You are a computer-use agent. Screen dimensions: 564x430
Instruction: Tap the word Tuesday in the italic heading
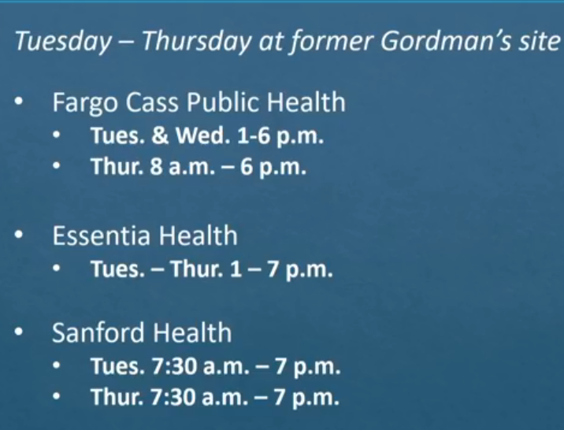click(64, 41)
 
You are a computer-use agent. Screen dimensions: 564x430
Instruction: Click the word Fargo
click(85, 103)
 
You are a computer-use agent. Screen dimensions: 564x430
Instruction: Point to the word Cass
click(152, 102)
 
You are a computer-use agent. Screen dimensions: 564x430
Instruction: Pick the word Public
click(222, 102)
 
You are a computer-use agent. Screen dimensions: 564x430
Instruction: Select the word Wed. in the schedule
click(202, 135)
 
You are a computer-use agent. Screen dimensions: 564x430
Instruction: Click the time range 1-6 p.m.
click(280, 136)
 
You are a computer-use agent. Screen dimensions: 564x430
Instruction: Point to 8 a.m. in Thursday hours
click(183, 167)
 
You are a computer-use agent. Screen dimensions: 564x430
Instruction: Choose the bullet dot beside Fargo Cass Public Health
click(19, 102)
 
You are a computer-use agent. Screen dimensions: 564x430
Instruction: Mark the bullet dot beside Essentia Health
click(19, 235)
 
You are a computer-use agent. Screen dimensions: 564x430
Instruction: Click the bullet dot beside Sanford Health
click(19, 332)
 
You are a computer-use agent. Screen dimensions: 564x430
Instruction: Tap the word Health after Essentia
click(199, 235)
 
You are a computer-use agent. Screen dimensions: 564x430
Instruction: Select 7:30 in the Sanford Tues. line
click(174, 366)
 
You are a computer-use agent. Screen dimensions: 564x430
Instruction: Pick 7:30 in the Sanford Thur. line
click(173, 397)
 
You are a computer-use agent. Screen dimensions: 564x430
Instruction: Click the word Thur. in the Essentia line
click(196, 269)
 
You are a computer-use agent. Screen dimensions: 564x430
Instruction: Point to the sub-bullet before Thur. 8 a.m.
click(56, 166)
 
